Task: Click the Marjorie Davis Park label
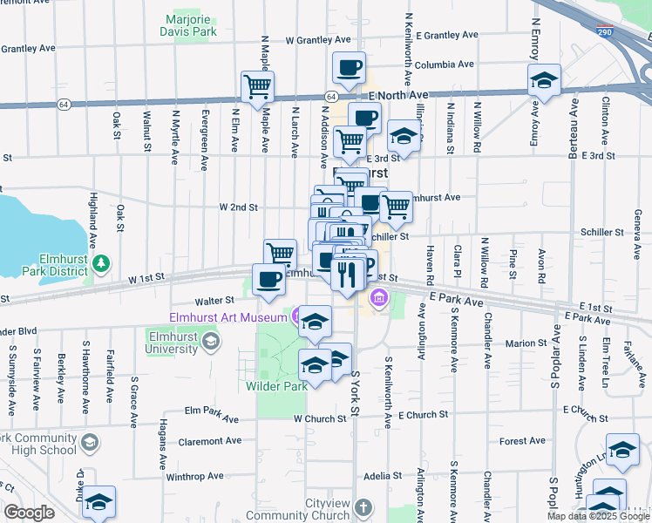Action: coord(187,25)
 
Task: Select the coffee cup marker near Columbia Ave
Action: coord(349,66)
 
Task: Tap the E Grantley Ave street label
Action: coord(447,36)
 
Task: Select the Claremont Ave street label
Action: coord(209,441)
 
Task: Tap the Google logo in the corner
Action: coord(29,513)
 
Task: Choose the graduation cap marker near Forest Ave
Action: coord(622,450)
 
